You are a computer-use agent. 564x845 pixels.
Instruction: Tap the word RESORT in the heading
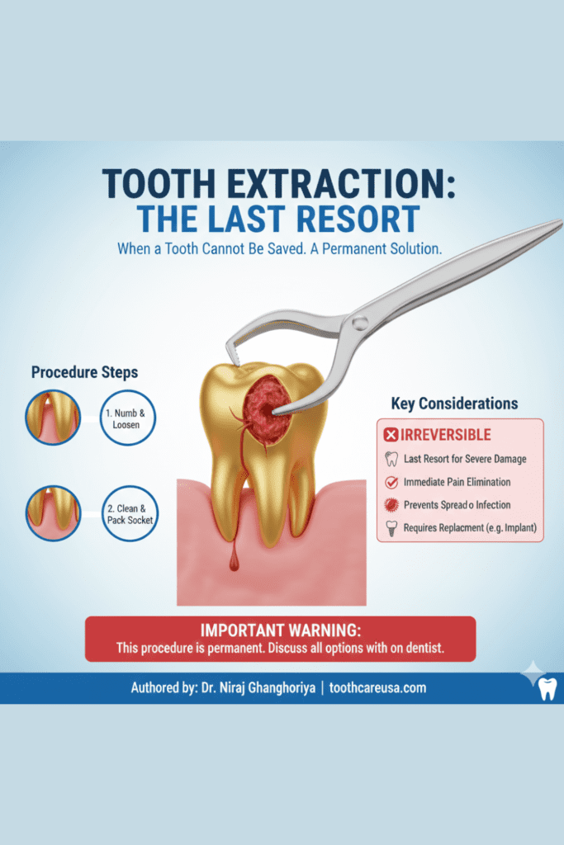coord(344,220)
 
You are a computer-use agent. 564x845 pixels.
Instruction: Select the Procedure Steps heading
coord(84,372)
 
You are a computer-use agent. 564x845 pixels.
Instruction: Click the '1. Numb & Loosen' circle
coord(128,418)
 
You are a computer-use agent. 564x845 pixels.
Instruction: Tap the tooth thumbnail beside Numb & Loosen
coord(53,418)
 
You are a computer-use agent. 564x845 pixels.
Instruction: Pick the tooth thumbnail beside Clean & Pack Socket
coord(53,513)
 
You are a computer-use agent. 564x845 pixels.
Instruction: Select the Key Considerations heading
coord(454,404)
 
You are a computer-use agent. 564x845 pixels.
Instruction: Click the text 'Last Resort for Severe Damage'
coord(464,459)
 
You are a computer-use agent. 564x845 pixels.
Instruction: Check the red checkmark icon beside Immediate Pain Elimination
coord(391,482)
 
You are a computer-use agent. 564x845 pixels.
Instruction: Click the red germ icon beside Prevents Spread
coord(391,504)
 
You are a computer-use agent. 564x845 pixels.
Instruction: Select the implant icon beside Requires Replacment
coord(391,527)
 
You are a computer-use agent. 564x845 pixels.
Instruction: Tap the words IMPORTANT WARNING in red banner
coord(281,630)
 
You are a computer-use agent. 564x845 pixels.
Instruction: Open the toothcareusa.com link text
coord(377,687)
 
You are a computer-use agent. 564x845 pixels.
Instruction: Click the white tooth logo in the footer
coord(547,687)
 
